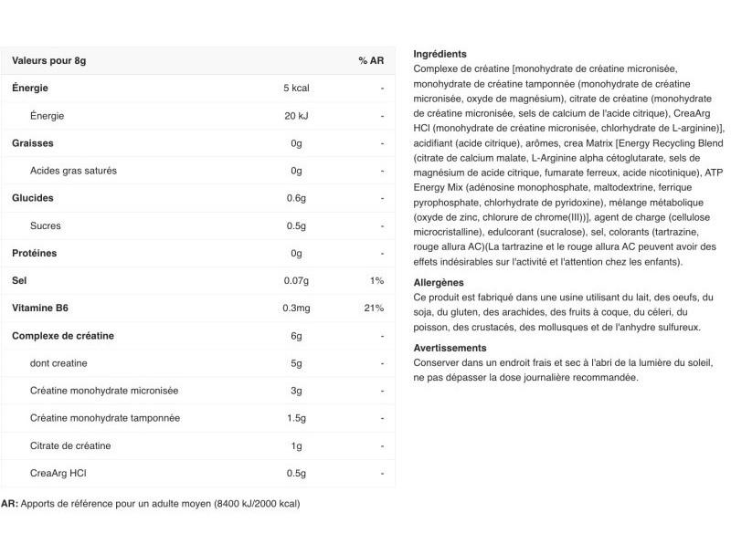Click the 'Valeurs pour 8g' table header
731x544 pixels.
coord(48,60)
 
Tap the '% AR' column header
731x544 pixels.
coord(371,60)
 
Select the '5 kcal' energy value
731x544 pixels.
coord(296,89)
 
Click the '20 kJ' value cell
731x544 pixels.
coord(296,116)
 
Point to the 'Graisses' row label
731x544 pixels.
coord(33,143)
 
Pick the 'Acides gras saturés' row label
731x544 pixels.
coord(73,171)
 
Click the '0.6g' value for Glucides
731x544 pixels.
coord(296,198)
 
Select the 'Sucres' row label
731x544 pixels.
coord(46,225)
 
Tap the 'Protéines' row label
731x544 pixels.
coord(35,253)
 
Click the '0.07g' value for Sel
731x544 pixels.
coord(296,280)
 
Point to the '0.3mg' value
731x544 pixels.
coord(296,308)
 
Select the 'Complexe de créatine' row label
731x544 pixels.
coord(63,335)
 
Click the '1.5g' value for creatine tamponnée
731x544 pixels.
coord(296,417)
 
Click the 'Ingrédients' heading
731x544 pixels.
coord(440,54)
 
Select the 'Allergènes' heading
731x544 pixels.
coord(439,283)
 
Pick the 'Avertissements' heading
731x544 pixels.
coord(450,348)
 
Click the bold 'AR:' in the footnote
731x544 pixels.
coord(9,503)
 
